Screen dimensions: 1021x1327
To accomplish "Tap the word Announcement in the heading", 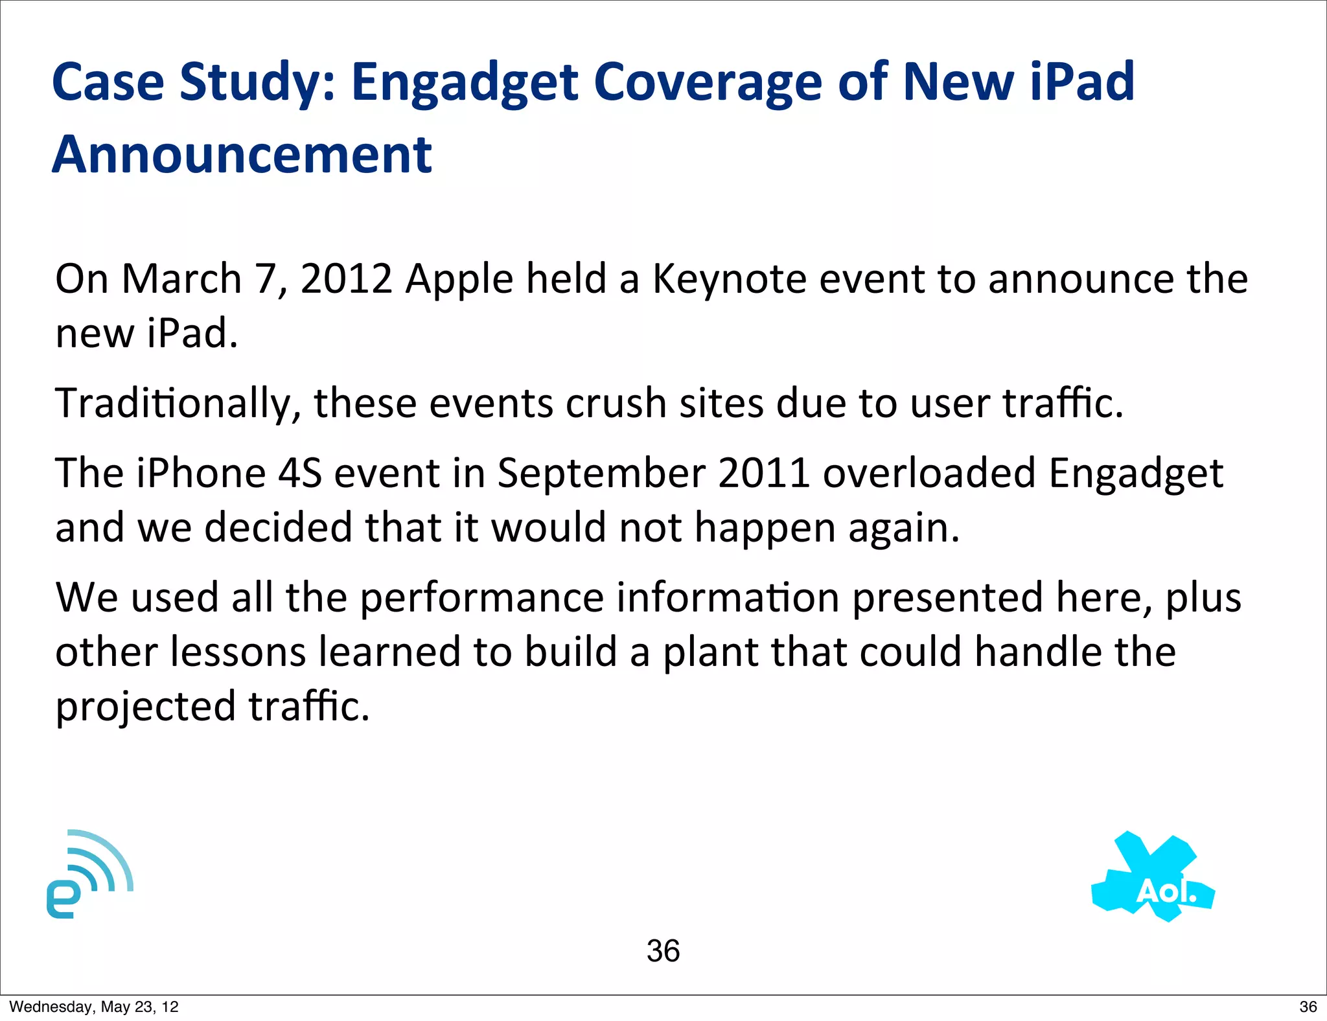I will coord(242,155).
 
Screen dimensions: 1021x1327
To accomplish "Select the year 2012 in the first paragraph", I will coord(346,279).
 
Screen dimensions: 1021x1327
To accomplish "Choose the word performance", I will coord(481,598).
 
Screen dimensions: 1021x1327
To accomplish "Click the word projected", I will coord(145,707).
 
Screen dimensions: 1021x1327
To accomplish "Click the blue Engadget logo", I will coord(89,875).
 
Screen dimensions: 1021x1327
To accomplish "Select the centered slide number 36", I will coord(663,951).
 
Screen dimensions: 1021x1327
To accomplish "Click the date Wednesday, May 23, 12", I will coord(94,1007).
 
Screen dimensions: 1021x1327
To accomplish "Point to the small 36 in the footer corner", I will coord(1308,1007).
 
